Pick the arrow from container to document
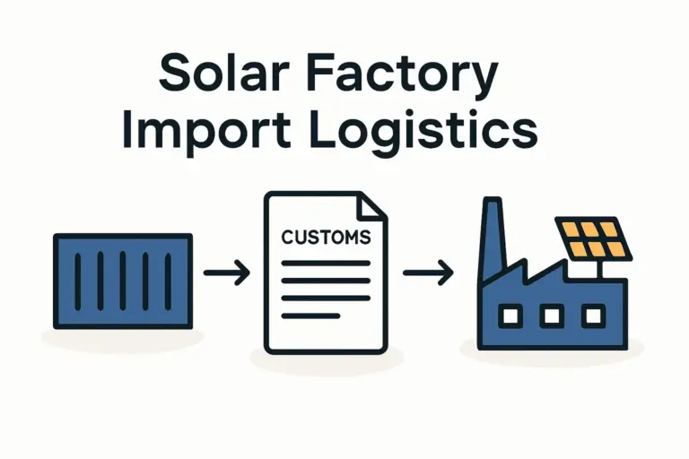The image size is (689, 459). [227, 273]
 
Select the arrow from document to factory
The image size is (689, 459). [425, 273]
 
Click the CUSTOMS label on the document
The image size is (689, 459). [325, 238]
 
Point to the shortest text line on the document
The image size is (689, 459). [310, 315]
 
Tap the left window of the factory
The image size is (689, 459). [510, 315]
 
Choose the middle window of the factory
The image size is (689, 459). [552, 315]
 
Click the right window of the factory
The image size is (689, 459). [592, 315]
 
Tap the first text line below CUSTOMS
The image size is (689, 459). [326, 264]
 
